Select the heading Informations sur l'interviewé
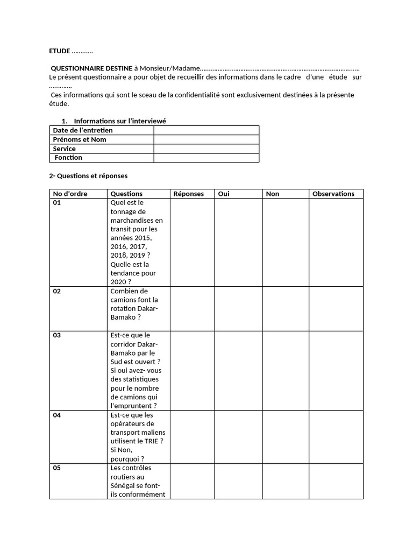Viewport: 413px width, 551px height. pyautogui.click(x=123, y=121)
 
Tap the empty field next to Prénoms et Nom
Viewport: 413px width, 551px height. pyautogui.click(x=206, y=139)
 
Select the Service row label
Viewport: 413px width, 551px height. pyautogui.click(x=64, y=149)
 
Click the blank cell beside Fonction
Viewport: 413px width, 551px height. pyautogui.click(x=206, y=158)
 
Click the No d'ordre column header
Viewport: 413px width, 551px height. pyautogui.click(x=70, y=194)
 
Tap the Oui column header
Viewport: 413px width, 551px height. pyautogui.click(x=224, y=194)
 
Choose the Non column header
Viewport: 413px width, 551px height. pyautogui.click(x=273, y=194)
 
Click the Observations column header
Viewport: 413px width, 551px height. pyautogui.click(x=333, y=194)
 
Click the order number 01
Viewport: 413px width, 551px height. pyautogui.click(x=57, y=203)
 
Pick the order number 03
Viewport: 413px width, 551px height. pyautogui.click(x=57, y=335)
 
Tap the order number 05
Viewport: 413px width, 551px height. pyautogui.click(x=57, y=468)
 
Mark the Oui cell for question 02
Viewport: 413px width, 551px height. pyautogui.click(x=239, y=308)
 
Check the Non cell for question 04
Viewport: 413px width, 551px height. pyautogui.click(x=285, y=437)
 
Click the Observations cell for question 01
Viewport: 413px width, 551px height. pyautogui.click(x=336, y=242)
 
